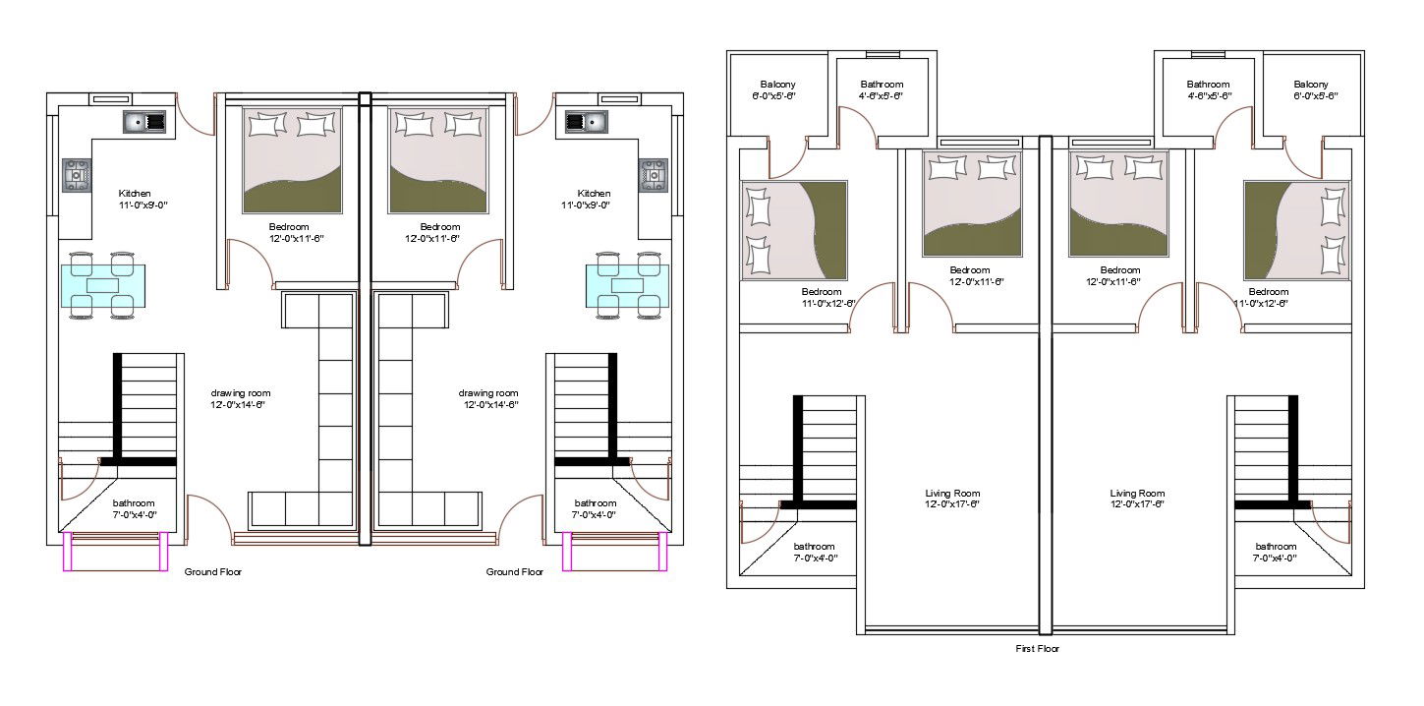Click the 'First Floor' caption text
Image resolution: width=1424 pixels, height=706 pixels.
1037,649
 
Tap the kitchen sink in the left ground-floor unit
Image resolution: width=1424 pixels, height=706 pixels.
144,122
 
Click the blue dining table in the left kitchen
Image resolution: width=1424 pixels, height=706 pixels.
108,285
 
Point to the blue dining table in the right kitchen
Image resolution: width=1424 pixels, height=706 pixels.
627,285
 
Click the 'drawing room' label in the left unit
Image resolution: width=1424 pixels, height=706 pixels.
240,393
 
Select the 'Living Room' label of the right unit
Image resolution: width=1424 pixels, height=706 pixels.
1137,494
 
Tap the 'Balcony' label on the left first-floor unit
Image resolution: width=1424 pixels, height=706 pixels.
777,85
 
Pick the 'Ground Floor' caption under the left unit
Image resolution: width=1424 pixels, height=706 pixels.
213,571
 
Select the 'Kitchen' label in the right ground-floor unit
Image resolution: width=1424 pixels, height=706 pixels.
594,194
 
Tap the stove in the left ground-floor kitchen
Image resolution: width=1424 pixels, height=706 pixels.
78,175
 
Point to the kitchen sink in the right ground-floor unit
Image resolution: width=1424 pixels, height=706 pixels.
586,122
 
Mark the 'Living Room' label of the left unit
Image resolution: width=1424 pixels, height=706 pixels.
952,494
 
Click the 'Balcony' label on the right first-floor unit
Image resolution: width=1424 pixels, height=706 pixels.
1311,85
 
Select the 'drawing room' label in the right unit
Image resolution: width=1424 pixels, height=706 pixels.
488,393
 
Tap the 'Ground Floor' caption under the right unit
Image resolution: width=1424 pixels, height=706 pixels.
515,571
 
